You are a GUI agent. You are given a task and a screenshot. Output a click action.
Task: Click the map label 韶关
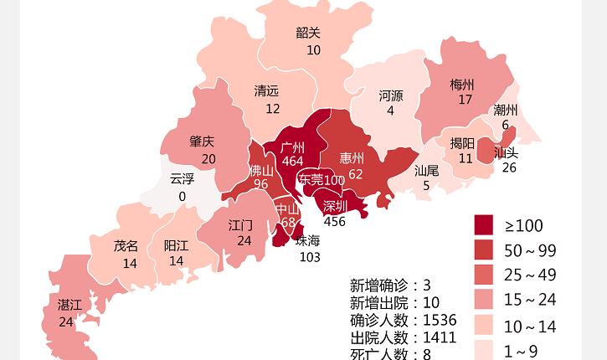[308, 33]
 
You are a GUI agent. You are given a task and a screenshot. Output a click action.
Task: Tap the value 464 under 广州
[293, 162]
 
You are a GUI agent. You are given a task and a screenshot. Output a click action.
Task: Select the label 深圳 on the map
[335, 206]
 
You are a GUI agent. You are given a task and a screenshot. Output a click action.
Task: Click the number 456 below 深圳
[335, 222]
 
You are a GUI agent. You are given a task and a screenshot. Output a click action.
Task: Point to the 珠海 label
[308, 241]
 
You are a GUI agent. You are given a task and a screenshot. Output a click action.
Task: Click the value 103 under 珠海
[310, 257]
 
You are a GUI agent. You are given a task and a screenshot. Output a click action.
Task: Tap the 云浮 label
[182, 179]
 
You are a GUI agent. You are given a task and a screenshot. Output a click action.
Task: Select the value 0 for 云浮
[182, 197]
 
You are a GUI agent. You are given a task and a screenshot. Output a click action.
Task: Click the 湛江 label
[69, 306]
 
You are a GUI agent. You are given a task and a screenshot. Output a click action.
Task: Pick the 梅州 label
[462, 85]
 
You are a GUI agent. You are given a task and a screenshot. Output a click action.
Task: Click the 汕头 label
[506, 153]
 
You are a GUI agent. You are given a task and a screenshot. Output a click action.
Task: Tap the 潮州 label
[506, 111]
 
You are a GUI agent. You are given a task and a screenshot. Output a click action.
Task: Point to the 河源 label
[391, 96]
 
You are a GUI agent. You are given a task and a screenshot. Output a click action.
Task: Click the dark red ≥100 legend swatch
[484, 225]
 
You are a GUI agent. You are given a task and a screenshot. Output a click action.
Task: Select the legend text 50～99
[530, 251]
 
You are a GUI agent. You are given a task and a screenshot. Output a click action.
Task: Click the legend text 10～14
[530, 327]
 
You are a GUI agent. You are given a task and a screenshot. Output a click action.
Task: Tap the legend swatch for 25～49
[484, 275]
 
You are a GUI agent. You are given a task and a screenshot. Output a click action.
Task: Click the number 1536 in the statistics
[440, 321]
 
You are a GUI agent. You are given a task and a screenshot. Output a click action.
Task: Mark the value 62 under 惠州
[356, 174]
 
